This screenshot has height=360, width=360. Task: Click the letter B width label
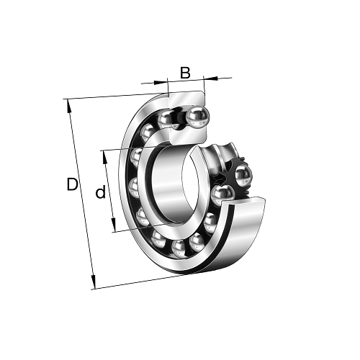(185, 73)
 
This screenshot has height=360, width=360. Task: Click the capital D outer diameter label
(72, 184)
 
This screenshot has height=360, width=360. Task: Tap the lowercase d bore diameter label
(101, 192)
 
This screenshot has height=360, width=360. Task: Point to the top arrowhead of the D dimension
(68, 106)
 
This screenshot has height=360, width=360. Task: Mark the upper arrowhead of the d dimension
(104, 158)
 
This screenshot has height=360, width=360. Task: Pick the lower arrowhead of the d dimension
(114, 225)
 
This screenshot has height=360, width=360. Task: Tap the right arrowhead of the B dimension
(210, 78)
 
